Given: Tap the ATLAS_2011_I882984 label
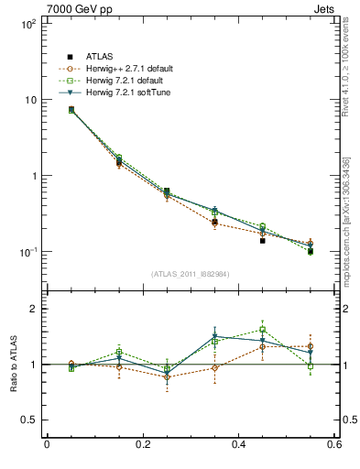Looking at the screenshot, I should (x=190, y=274).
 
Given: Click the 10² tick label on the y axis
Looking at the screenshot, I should (x=28, y=24).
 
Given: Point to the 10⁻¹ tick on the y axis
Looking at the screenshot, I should (x=28, y=252).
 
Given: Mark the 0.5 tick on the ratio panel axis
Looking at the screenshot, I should (x=28, y=420).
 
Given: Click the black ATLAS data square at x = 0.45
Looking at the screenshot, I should (x=262, y=241).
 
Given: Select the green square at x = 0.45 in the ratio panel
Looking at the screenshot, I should (x=262, y=329).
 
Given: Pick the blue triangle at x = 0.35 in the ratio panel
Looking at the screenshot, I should (x=214, y=337).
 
